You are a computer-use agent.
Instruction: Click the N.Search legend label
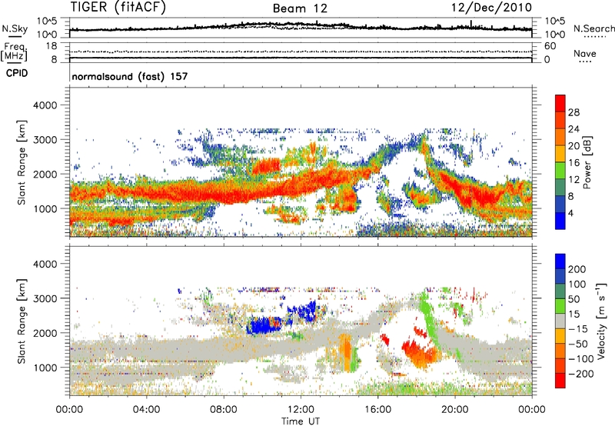click(590, 28)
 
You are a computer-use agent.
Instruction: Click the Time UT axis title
click(301, 420)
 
